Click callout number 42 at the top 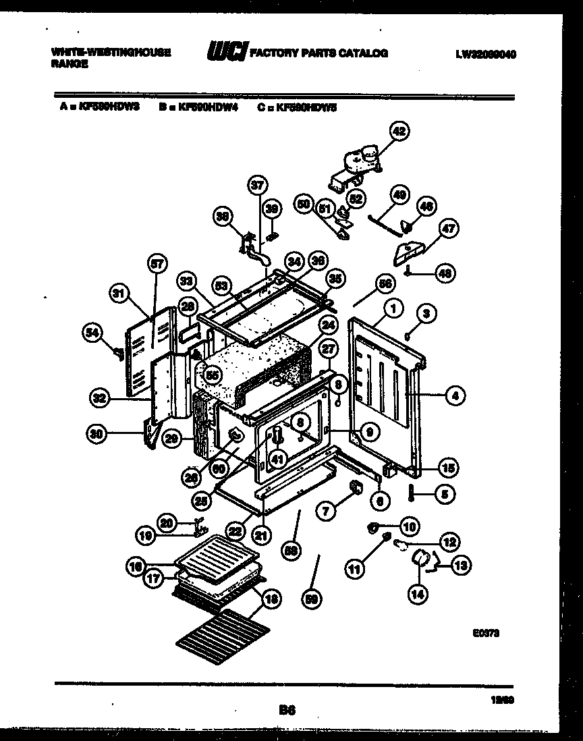click(x=399, y=132)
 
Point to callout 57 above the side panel click(x=157, y=265)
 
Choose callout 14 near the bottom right click(x=418, y=595)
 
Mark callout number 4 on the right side click(x=454, y=397)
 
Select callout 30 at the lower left click(x=99, y=435)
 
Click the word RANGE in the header click(x=69, y=64)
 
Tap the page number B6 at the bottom click(x=287, y=709)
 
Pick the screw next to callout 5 click(x=410, y=493)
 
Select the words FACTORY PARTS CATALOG click(x=318, y=53)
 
